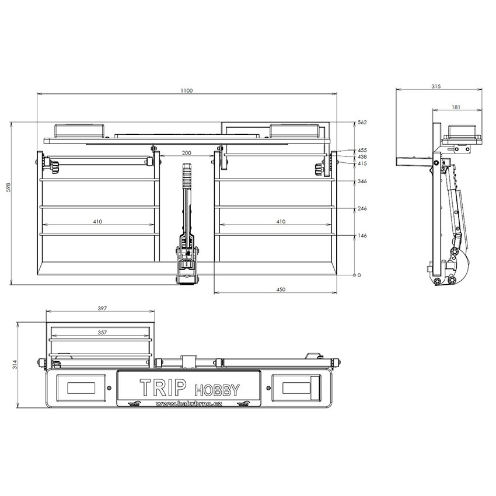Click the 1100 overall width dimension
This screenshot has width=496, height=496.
tap(187, 91)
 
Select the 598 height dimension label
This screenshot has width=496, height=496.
tap(9, 187)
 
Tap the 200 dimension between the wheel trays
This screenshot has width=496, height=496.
tap(187, 153)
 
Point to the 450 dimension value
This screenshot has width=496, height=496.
tap(281, 289)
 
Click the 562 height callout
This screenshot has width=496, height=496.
tap(362, 123)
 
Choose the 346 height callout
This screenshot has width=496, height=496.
tap(362, 181)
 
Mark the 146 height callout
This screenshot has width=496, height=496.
tap(362, 236)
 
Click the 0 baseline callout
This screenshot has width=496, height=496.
tap(359, 275)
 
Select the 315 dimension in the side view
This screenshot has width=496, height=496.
tap(436, 86)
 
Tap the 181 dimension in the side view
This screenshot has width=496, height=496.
tap(456, 107)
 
